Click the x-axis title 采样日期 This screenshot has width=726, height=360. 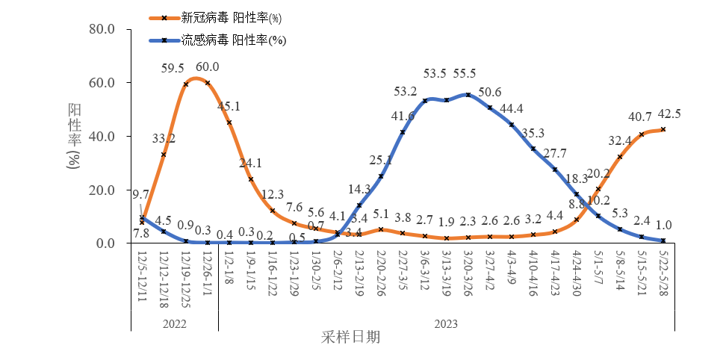coord(351,337)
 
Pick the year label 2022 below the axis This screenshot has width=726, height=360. coord(174,324)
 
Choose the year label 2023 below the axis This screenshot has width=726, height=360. coord(445,324)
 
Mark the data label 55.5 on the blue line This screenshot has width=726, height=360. coord(464,74)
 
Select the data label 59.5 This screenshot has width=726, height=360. coord(173,69)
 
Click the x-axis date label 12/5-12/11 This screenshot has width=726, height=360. coord(141,276)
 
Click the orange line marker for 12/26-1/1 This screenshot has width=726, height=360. coord(207,83)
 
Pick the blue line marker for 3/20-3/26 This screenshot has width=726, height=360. coord(468,95)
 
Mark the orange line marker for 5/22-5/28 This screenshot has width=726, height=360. coord(663,129)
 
